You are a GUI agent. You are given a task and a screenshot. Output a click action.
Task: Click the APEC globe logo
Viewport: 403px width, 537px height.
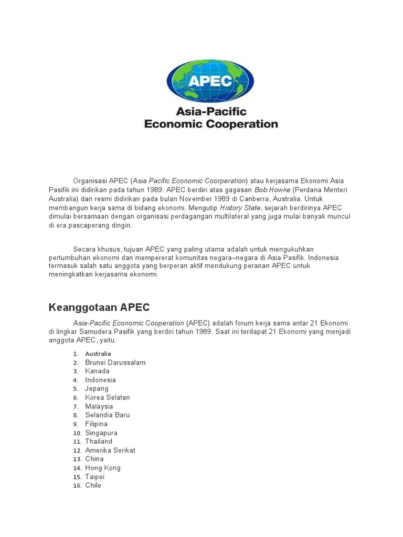coord(210,80)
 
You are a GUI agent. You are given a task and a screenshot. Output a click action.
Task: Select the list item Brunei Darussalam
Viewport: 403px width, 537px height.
coord(115,362)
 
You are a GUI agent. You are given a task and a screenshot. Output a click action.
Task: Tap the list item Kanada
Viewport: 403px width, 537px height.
coord(98,371)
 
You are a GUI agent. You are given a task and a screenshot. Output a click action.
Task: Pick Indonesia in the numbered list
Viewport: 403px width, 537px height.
coord(101,380)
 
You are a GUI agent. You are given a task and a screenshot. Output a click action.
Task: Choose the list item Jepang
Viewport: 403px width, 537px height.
coord(97,389)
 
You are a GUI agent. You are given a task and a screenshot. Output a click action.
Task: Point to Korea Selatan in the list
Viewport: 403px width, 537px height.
coord(108,398)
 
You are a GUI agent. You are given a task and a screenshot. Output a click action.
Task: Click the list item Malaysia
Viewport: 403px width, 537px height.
coord(99,406)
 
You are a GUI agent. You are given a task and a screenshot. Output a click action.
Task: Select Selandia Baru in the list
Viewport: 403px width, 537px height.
coord(108,415)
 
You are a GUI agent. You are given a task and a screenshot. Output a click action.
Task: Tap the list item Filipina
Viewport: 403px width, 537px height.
coord(97,424)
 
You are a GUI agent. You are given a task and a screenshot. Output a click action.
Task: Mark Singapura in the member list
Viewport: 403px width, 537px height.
coord(101,433)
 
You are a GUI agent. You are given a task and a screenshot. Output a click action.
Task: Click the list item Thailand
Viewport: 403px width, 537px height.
coord(99,442)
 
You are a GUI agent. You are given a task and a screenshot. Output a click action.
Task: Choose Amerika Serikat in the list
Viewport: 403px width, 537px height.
coord(110,450)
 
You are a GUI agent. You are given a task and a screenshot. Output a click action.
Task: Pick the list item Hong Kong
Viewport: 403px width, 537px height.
coord(103,468)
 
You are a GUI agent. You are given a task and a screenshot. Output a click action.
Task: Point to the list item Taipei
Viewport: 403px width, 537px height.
coord(95,477)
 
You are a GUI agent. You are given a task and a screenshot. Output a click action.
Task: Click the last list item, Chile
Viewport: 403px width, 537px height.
coord(93,486)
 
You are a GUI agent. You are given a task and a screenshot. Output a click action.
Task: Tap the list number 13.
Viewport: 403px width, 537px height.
coord(77,459)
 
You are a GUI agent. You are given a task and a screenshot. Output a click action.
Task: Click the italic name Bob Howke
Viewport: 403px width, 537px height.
coord(272,190)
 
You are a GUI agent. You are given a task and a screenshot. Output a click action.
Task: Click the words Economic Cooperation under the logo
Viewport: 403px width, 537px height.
coord(211,124)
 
